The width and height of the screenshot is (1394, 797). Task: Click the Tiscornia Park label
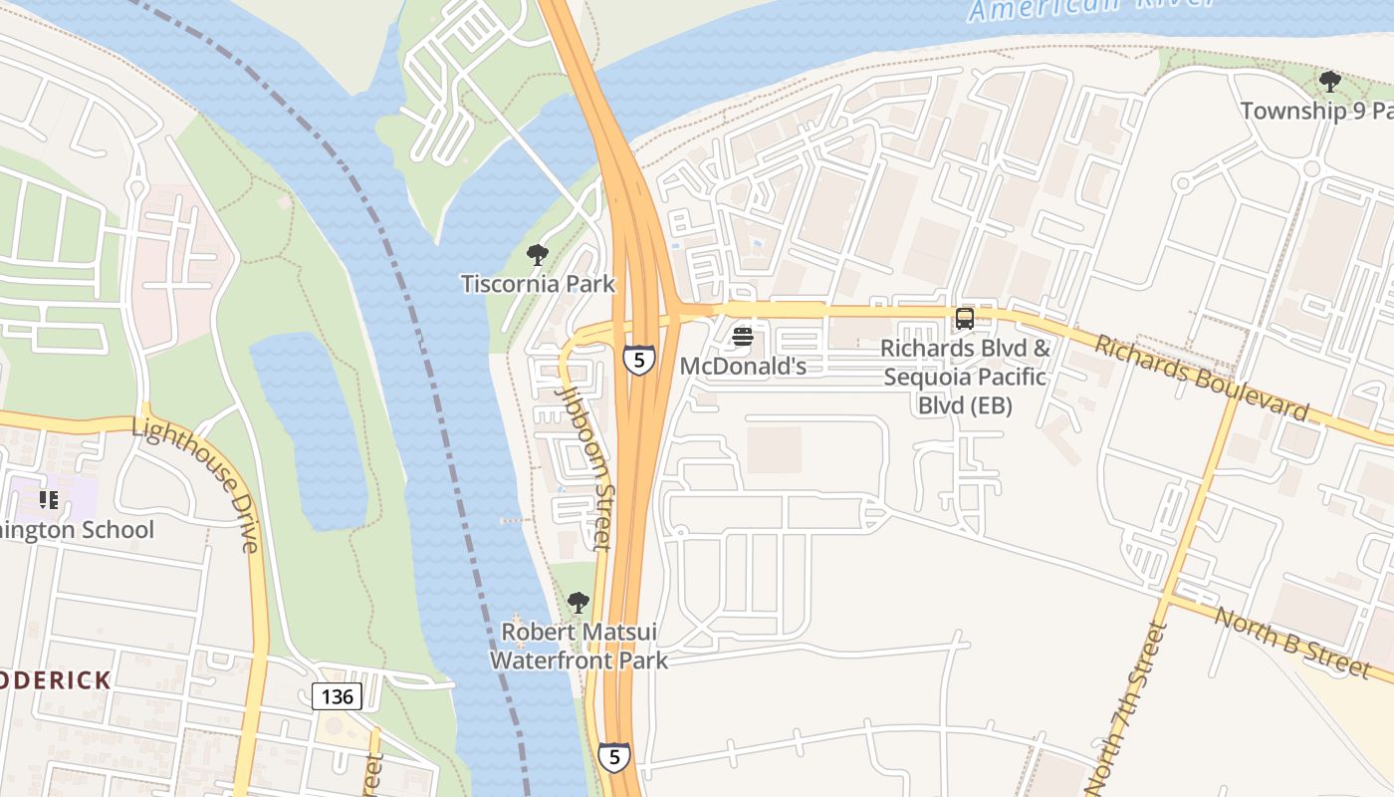[x=538, y=284]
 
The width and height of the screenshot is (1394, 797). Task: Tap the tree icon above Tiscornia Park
[x=538, y=255]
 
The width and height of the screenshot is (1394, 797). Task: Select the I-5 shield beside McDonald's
[x=639, y=360]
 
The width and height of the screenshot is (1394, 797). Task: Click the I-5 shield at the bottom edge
[x=614, y=757]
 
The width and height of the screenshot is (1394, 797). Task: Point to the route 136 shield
[x=337, y=695]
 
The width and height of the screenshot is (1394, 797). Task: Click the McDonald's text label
[x=742, y=367]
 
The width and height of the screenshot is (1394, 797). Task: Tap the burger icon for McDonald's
[x=742, y=337]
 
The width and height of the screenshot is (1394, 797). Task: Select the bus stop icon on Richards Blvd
[x=964, y=319]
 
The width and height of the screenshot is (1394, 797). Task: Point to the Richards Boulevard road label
[x=1202, y=378]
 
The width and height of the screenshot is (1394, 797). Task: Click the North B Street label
[x=1292, y=644]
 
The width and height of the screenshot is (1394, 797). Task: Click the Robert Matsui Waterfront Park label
[x=579, y=646]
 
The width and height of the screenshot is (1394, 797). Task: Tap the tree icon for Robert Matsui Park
[x=578, y=603]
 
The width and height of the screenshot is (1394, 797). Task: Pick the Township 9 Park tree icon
[x=1329, y=82]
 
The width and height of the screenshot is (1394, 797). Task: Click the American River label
[x=1090, y=8]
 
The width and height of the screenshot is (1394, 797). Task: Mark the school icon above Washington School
[x=48, y=500]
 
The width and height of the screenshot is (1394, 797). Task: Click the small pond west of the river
[x=309, y=428]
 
